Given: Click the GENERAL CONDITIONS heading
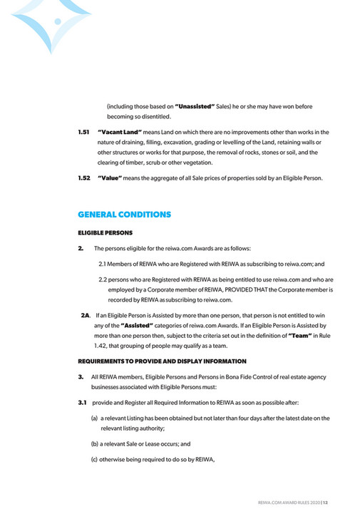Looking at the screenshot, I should pyautogui.click(x=124, y=214).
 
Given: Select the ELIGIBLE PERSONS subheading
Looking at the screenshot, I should pyautogui.click(x=106, y=232).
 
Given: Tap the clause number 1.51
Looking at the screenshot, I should pyautogui.click(x=84, y=132).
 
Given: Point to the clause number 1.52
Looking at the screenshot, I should pyautogui.click(x=84, y=178).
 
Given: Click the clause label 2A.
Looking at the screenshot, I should pyautogui.click(x=86, y=314).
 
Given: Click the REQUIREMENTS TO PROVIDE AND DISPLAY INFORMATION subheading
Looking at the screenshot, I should pyautogui.click(x=162, y=361).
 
